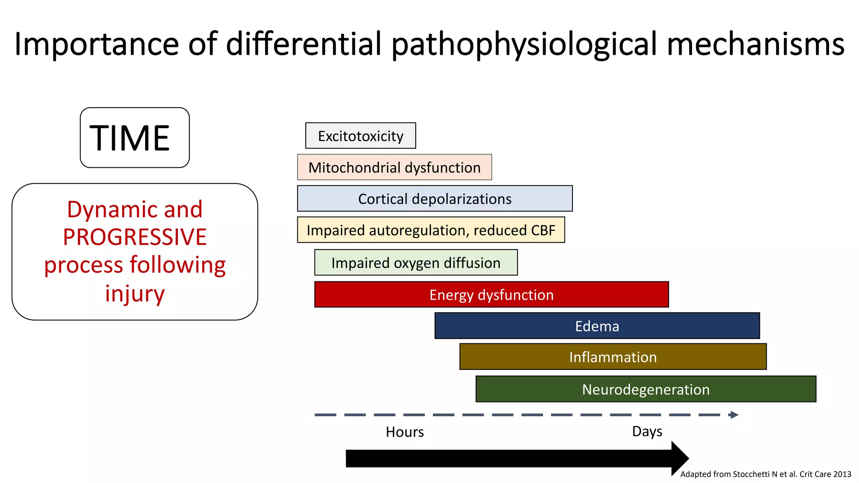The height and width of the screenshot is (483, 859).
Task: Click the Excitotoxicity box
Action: click(x=360, y=136)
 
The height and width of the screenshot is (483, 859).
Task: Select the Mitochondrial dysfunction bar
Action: click(x=394, y=167)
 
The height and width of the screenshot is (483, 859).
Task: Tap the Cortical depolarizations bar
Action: click(x=435, y=199)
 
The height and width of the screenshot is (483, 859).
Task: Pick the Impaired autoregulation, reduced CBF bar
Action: click(x=431, y=230)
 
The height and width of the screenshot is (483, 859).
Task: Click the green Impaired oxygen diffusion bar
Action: click(x=416, y=263)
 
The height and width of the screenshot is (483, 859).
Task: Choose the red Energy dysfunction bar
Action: click(x=491, y=295)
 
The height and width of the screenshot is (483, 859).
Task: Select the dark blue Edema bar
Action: click(x=597, y=326)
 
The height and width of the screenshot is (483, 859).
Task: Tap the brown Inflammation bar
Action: click(x=613, y=357)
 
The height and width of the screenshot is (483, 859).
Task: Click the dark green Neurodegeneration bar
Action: click(x=646, y=389)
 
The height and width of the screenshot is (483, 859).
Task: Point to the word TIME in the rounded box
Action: click(x=130, y=138)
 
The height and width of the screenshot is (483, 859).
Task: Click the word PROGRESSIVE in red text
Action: click(x=135, y=237)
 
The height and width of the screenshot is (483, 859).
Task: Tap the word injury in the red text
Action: click(x=135, y=293)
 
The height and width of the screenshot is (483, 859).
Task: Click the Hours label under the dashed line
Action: click(x=405, y=432)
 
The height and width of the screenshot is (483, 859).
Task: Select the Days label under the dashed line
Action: click(x=647, y=431)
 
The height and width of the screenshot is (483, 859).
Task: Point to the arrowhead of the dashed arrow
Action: click(x=734, y=415)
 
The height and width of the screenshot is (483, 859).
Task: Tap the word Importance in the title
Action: click(x=97, y=44)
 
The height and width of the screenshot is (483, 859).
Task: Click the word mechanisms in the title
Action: click(x=755, y=44)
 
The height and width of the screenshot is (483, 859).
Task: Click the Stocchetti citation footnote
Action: click(x=765, y=474)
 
